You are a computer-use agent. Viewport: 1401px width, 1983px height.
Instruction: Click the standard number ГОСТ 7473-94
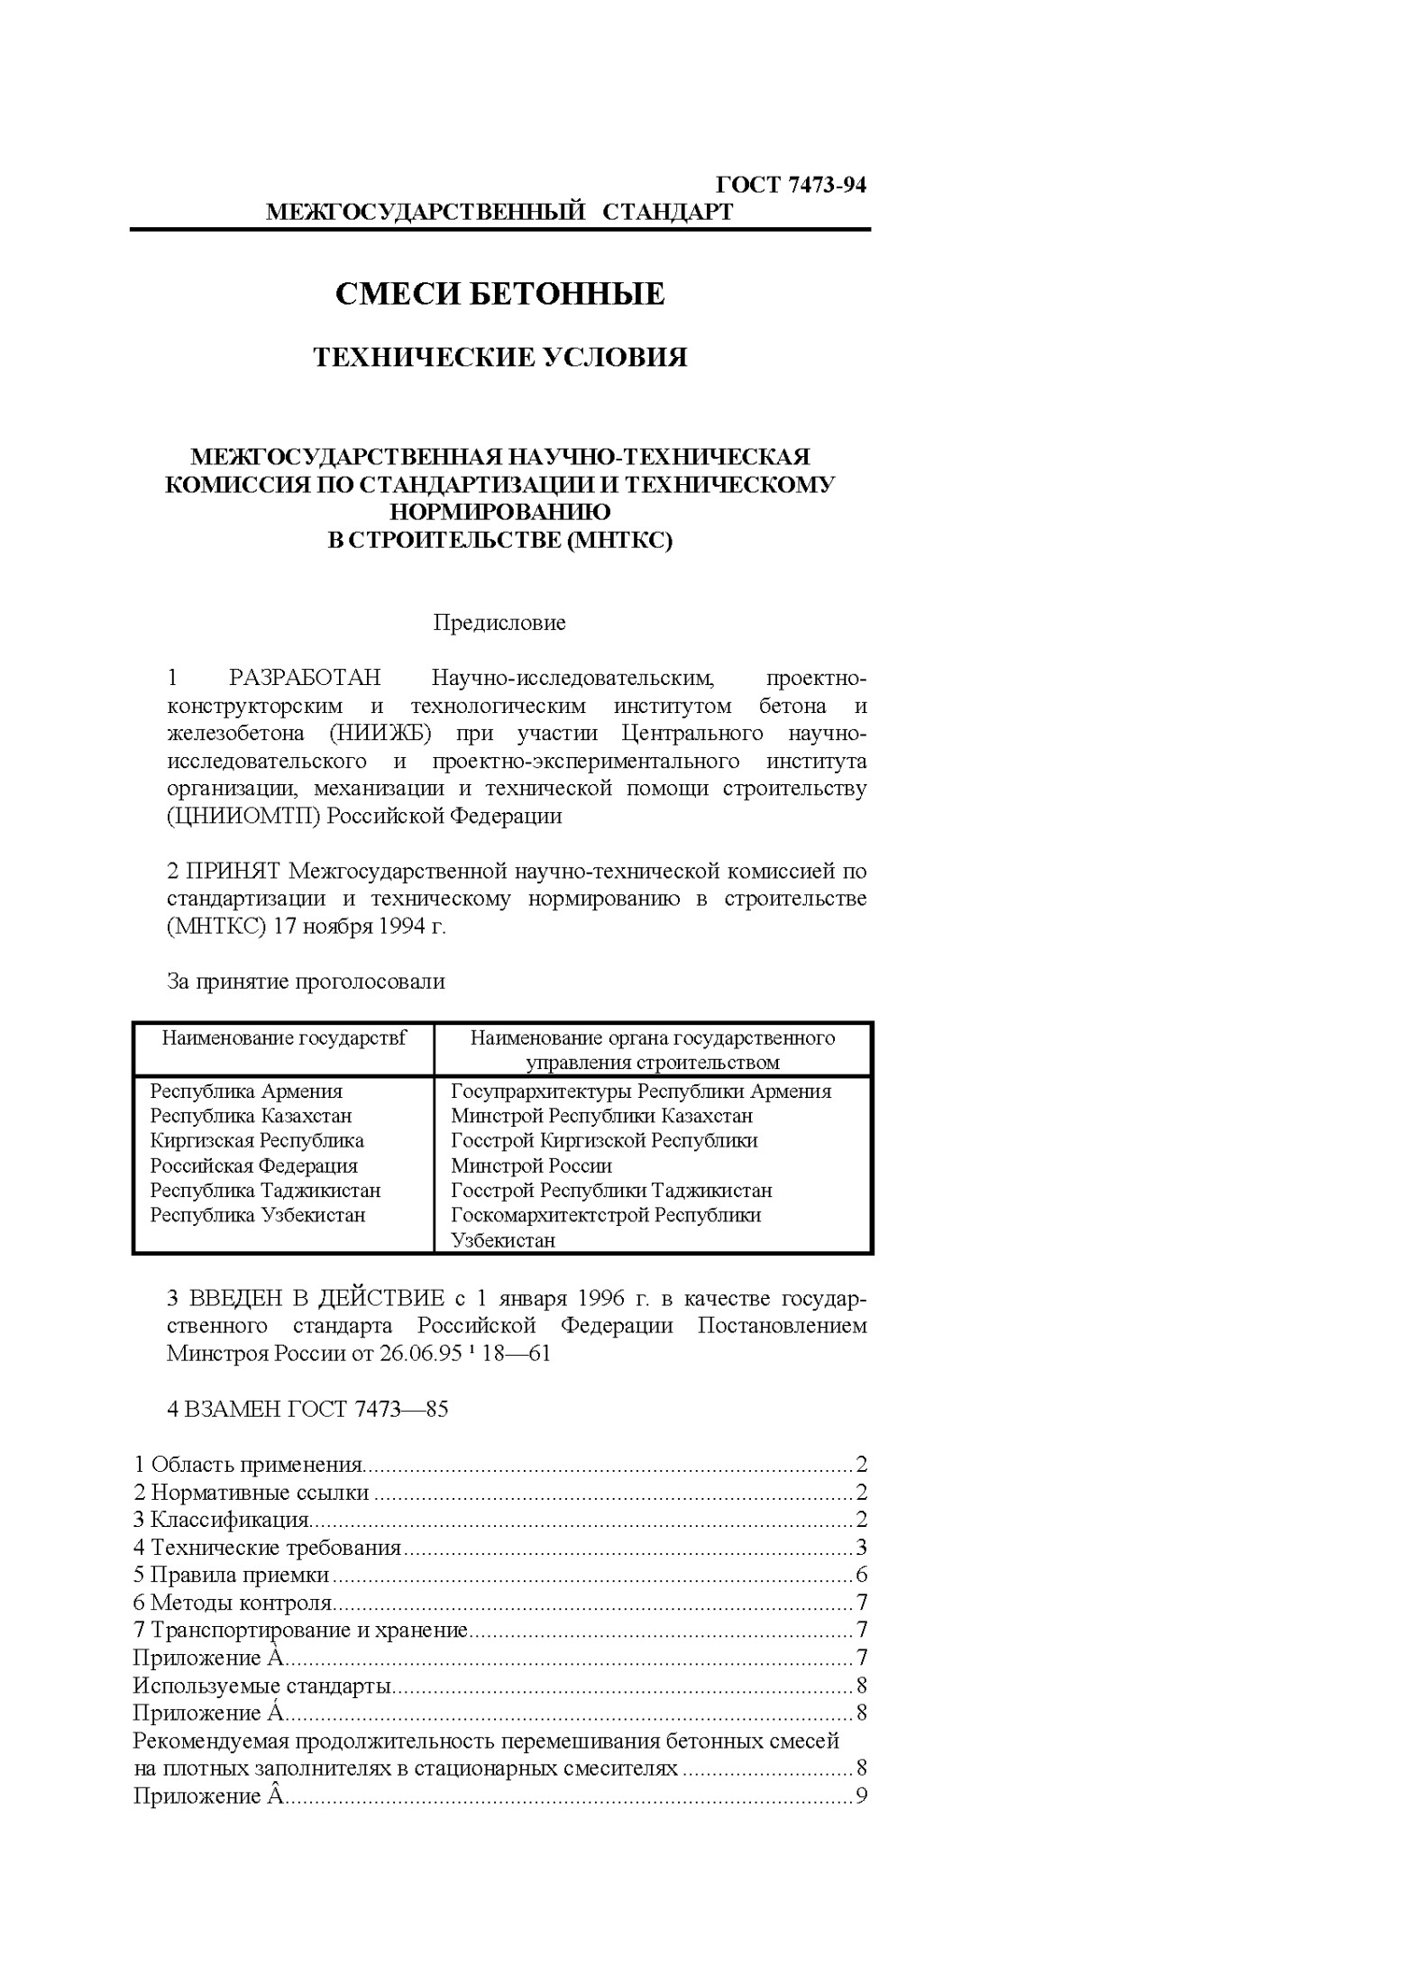(x=791, y=185)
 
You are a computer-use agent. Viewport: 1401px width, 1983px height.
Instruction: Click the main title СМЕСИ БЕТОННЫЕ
(x=499, y=294)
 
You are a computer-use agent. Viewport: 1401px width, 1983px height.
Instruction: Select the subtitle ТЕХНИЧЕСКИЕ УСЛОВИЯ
(x=499, y=358)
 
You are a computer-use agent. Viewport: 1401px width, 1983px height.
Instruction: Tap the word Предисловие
(x=499, y=623)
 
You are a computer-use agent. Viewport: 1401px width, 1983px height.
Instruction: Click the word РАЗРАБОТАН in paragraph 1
(x=305, y=678)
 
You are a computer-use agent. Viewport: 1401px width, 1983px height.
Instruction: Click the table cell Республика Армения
(x=246, y=1092)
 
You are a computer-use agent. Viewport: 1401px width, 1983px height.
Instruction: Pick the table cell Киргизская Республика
(x=257, y=1141)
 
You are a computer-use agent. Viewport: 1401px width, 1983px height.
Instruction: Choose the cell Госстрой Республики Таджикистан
(x=611, y=1191)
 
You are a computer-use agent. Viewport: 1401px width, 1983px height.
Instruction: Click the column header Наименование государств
(x=284, y=1038)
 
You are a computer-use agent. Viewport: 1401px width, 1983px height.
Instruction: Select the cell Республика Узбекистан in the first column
(x=258, y=1215)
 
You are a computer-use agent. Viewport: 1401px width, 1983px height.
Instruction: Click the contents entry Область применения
(x=256, y=1466)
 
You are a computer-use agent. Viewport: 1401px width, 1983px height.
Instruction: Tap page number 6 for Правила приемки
(x=861, y=1576)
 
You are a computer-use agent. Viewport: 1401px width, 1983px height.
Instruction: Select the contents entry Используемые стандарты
(x=261, y=1686)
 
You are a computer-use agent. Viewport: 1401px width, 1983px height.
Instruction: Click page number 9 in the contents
(x=861, y=1796)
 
